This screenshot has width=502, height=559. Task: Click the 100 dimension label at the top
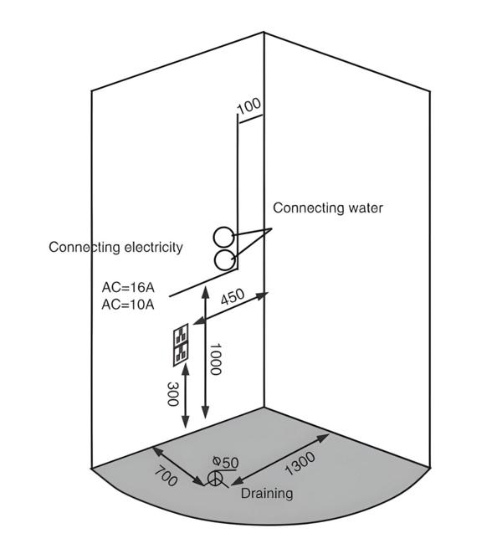tap(249, 106)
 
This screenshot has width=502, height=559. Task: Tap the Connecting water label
tap(328, 208)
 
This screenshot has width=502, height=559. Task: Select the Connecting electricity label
tap(115, 247)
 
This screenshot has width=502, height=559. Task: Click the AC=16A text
tap(128, 288)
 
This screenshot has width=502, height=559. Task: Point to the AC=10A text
tap(128, 305)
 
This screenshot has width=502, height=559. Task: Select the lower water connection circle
tap(223, 259)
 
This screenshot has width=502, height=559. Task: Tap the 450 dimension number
tap(233, 299)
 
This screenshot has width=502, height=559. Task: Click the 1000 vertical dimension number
tap(215, 358)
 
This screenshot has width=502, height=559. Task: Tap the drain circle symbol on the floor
tap(216, 479)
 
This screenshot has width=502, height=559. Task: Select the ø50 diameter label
tap(226, 461)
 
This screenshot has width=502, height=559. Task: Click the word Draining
tap(267, 494)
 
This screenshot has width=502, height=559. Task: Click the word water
tap(366, 208)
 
